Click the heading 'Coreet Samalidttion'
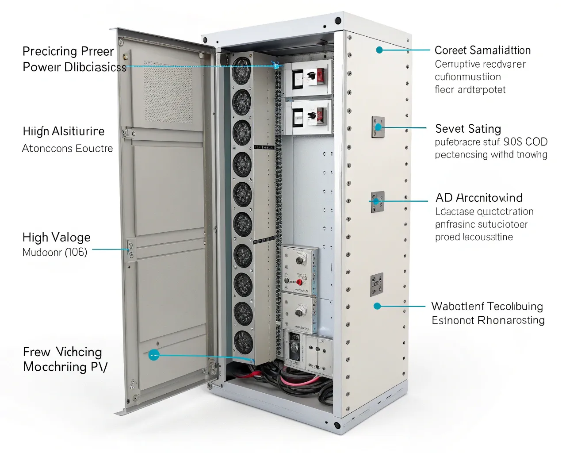[x=482, y=50]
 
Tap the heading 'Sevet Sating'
[x=468, y=129]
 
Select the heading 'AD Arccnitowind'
[x=479, y=198]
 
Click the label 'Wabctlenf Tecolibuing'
[x=487, y=306]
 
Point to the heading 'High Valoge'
[x=56, y=238]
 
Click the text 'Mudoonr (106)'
[x=55, y=252]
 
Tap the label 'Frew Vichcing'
[x=62, y=352]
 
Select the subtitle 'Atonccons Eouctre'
[x=67, y=149]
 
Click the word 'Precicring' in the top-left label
[x=50, y=51]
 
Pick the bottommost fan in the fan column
[x=243, y=342]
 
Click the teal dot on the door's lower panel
[x=153, y=355]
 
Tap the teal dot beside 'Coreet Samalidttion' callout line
[x=379, y=50]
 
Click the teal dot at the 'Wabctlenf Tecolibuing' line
[x=377, y=306]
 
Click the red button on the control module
[x=299, y=282]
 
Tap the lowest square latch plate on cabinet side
[x=377, y=284]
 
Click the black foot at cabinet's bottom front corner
[x=337, y=425]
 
